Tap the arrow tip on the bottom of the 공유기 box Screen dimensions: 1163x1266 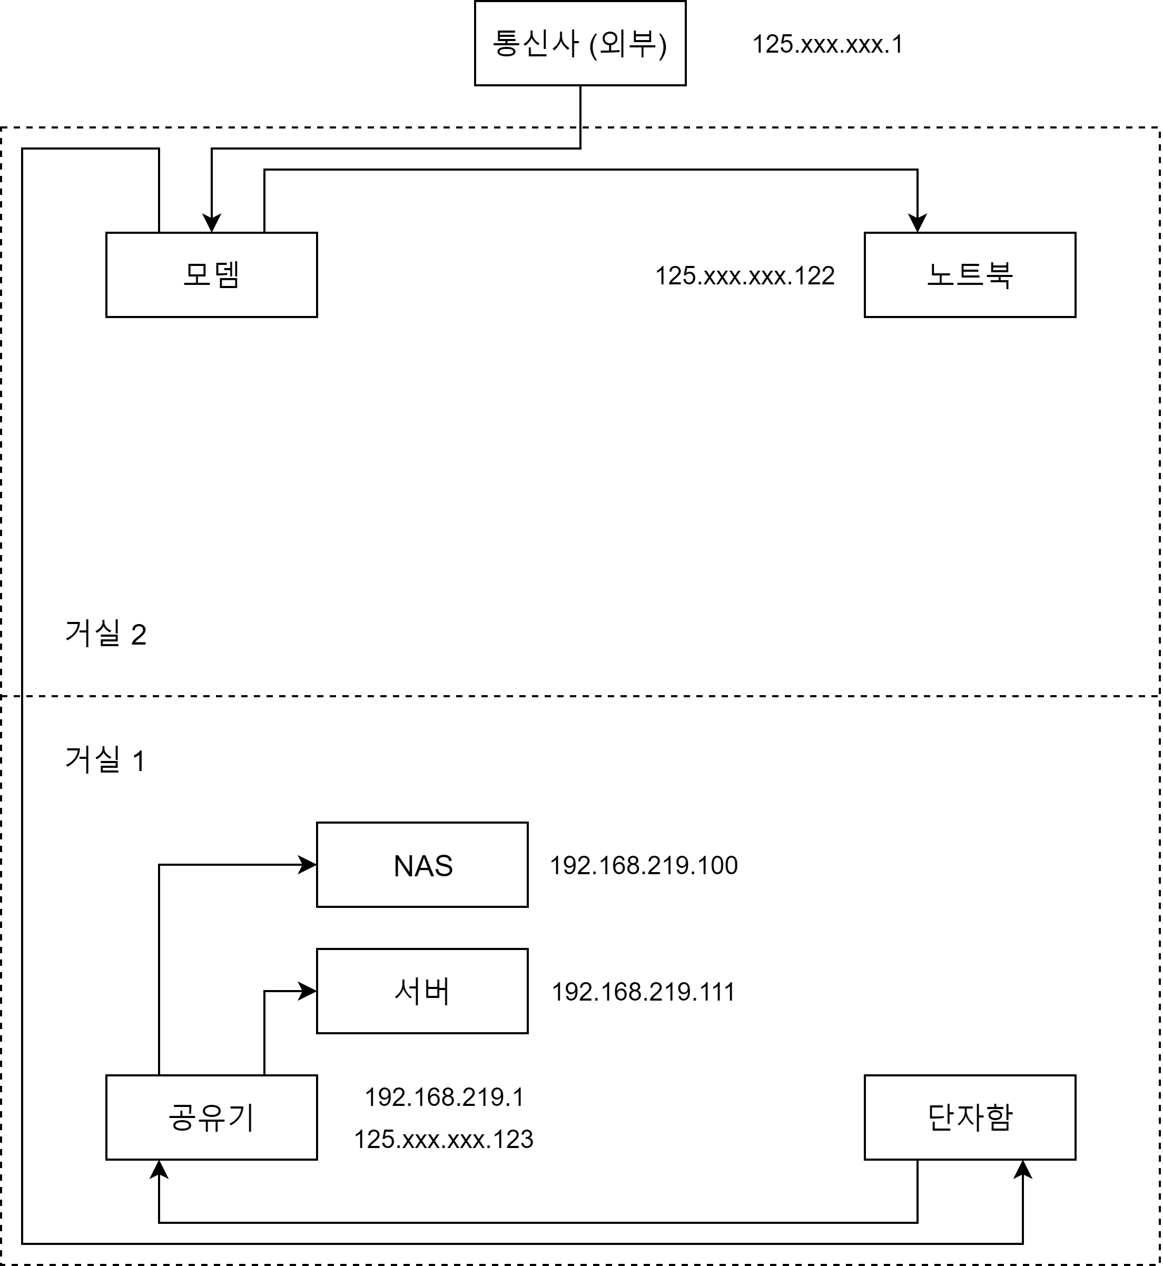point(159,1160)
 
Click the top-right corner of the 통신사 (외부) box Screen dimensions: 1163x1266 point(685,1)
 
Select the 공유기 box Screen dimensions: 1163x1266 point(211,1117)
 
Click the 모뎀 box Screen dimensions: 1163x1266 point(211,275)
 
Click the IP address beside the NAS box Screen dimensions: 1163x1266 point(644,866)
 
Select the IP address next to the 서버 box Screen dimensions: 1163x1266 point(643,992)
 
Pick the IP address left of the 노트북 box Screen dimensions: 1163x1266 point(745,275)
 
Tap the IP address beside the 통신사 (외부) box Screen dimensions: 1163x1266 point(827,44)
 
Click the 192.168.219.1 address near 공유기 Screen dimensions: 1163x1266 point(445,1097)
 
